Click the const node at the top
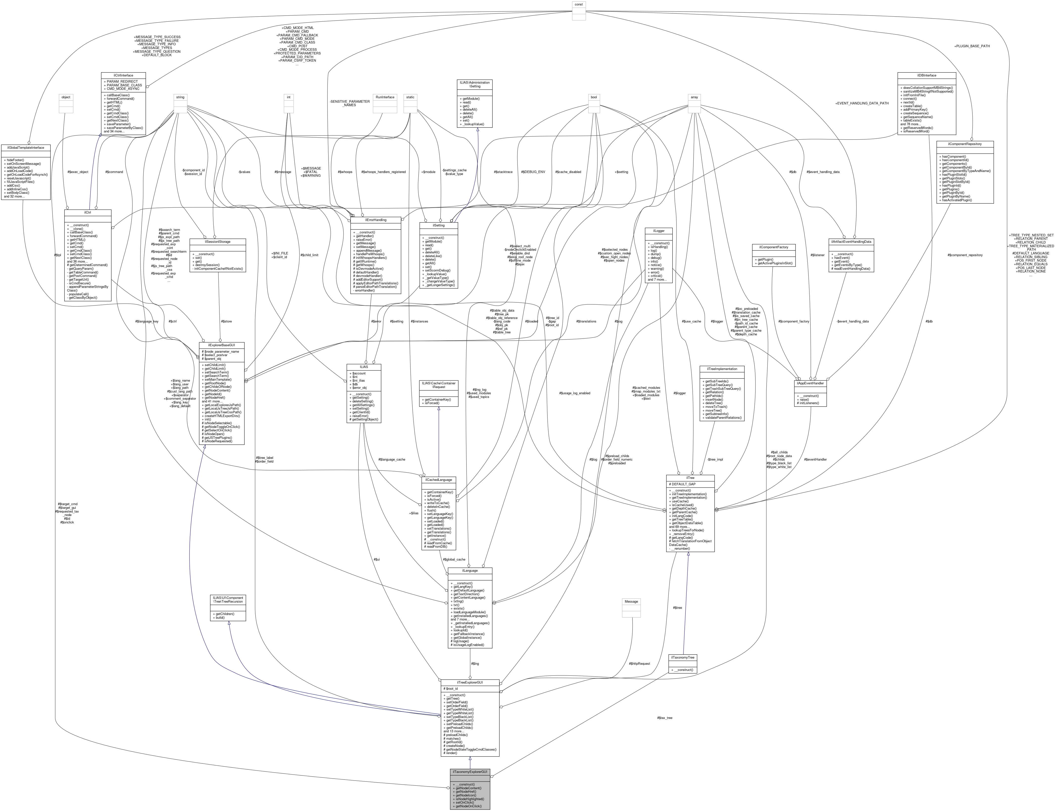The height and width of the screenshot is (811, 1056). pos(578,4)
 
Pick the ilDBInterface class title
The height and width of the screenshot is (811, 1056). pos(926,75)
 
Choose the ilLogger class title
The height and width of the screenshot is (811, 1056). pos(658,231)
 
